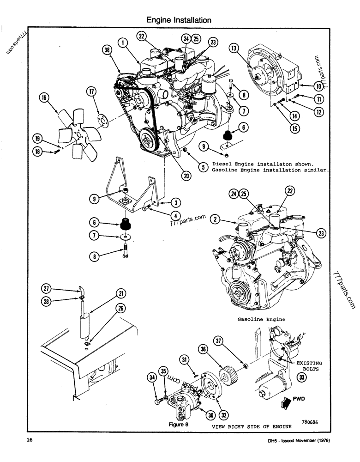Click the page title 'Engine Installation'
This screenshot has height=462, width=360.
(x=179, y=20)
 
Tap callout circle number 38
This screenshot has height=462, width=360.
(x=108, y=52)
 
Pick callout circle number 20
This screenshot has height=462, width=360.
(x=186, y=175)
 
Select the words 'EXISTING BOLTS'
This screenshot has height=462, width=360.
(x=309, y=366)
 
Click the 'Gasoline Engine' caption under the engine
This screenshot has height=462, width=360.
(x=261, y=319)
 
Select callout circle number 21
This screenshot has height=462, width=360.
(x=120, y=293)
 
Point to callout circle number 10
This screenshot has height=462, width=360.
(x=318, y=85)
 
